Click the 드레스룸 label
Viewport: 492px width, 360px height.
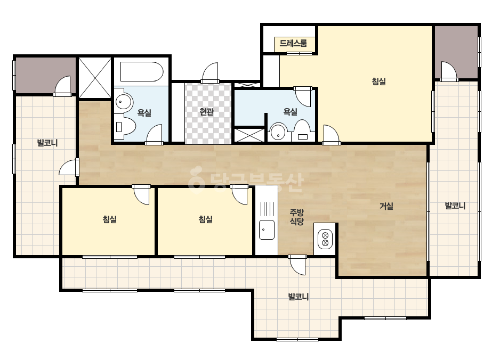[x=293, y=43]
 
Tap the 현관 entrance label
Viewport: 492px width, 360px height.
[x=206, y=112]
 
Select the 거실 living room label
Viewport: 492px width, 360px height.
[x=386, y=206]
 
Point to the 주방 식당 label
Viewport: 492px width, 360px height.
[x=296, y=217]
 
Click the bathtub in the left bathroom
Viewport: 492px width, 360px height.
[x=142, y=72]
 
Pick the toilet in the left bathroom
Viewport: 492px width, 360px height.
[x=125, y=127]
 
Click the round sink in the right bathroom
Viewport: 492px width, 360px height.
[x=278, y=132]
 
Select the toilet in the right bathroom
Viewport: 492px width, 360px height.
[x=302, y=130]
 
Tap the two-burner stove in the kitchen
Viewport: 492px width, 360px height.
[x=325, y=239]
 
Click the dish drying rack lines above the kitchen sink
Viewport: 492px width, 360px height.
[x=267, y=209]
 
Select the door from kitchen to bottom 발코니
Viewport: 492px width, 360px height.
[x=297, y=265]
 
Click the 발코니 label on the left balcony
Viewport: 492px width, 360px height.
[x=47, y=143]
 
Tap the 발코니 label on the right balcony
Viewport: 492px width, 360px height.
[x=455, y=206]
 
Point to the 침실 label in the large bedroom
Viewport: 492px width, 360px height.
[x=378, y=81]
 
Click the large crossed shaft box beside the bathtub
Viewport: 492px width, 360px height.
[x=95, y=78]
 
